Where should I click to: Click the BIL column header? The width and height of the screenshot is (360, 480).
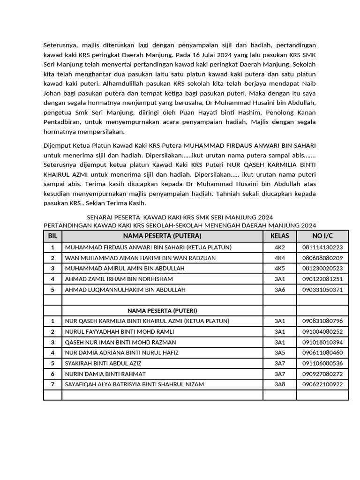[52, 236]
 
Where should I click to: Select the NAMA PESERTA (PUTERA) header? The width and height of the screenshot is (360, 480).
[162, 236]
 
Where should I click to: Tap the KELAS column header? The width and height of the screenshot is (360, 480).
[279, 236]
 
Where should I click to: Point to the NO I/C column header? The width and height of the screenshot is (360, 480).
[322, 236]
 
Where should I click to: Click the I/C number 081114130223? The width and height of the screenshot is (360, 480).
[322, 247]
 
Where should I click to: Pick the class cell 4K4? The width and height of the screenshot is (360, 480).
[279, 258]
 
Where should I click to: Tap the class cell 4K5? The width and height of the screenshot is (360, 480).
[279, 269]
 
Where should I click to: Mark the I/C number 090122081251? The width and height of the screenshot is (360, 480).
[322, 279]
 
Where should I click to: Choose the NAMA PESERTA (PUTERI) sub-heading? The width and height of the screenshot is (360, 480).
[162, 311]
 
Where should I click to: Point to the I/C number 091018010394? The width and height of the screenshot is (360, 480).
[322, 342]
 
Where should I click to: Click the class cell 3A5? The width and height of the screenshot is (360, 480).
[279, 352]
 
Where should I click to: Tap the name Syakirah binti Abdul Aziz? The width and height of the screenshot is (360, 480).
[103, 363]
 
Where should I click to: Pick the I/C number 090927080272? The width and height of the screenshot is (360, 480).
[322, 374]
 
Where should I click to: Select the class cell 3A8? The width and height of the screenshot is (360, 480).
[279, 384]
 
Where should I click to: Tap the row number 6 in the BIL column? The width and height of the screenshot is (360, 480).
[52, 374]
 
